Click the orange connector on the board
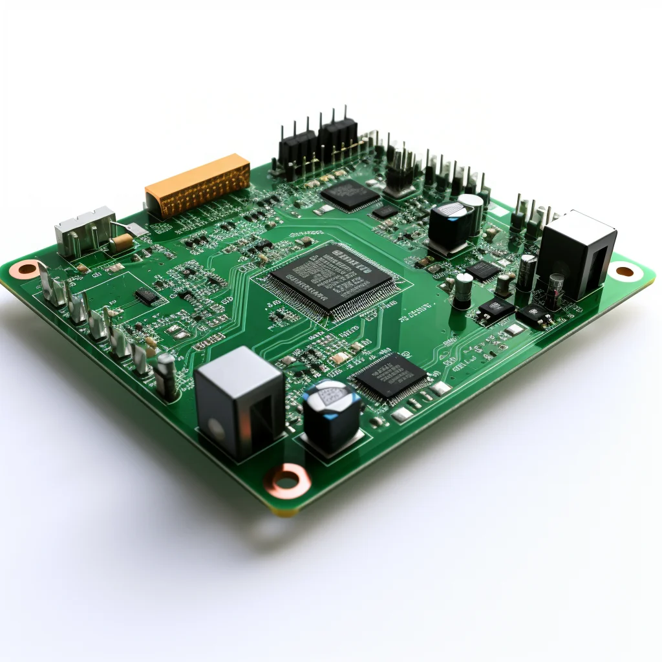coord(198,185)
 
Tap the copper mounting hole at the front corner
coord(286,480)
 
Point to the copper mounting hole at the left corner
coord(27,268)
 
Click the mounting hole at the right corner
coord(625,272)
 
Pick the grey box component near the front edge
coord(239,401)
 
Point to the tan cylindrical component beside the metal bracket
coord(120,243)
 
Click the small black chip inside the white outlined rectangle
coord(147,296)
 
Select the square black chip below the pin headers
coord(350,193)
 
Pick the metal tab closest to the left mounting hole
coord(50,284)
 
